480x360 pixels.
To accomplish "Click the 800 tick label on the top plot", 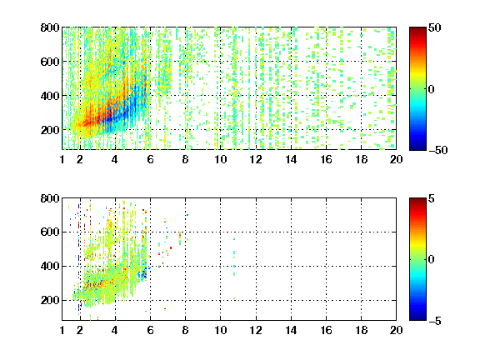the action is [x=50, y=27].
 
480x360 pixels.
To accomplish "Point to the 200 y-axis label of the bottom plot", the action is [x=50, y=300].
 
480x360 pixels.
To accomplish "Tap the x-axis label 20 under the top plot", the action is [x=396, y=159].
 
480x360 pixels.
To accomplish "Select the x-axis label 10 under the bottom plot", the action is [x=220, y=330].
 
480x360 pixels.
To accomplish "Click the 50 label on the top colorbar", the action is [x=435, y=27].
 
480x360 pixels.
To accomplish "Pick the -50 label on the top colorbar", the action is [x=438, y=150].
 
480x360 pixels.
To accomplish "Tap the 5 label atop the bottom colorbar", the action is [x=432, y=198].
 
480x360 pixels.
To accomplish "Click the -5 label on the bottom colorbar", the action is [x=435, y=321].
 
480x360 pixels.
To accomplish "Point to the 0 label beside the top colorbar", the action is [x=432, y=89].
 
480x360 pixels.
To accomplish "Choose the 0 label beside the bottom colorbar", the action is [x=432, y=260].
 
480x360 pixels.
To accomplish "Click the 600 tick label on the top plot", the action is [x=50, y=62].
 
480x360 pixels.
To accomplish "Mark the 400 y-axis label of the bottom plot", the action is [x=50, y=267].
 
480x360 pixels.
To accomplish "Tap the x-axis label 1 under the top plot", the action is [x=62, y=159].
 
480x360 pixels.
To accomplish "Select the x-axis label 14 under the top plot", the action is [x=291, y=159].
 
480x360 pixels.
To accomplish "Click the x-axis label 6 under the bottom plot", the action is [x=150, y=330].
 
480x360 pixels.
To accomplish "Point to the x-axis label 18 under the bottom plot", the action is [x=361, y=330].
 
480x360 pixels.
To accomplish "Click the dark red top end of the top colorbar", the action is [x=417, y=28].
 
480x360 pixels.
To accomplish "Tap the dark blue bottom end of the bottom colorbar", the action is [x=417, y=319].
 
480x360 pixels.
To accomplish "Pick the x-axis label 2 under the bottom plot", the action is [x=80, y=330].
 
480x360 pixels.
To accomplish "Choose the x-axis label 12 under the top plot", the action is [x=256, y=159].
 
